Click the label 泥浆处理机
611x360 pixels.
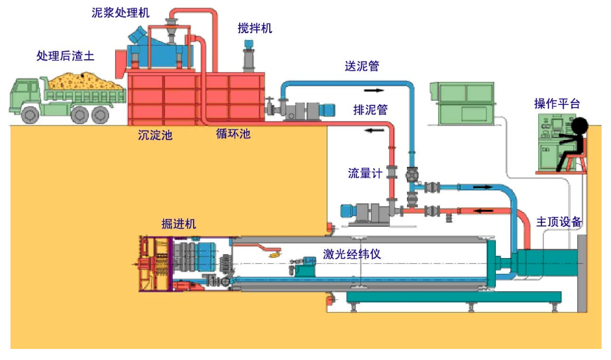tap(120, 13)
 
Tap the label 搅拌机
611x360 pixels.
tap(255, 29)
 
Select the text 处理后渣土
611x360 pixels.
tap(66, 56)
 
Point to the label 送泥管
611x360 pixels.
tap(362, 66)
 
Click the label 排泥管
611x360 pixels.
tap(370, 110)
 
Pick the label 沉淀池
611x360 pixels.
tap(155, 135)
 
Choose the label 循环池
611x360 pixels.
tap(233, 134)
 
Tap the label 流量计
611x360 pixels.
tap(365, 174)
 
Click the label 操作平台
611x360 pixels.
tap(557, 103)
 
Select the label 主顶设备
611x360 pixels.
tap(559, 222)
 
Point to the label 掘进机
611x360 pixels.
tap(179, 224)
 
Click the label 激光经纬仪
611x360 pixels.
tap(352, 255)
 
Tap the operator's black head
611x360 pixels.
tap(579, 126)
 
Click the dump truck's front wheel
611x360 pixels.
tap(30, 114)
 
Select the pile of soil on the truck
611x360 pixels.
tap(84, 81)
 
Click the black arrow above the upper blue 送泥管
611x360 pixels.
tap(374, 90)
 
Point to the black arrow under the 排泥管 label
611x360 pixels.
tap(374, 130)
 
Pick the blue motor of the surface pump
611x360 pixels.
tap(326, 110)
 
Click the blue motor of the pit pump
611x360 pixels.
tap(347, 211)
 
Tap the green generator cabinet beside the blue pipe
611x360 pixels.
tap(463, 103)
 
